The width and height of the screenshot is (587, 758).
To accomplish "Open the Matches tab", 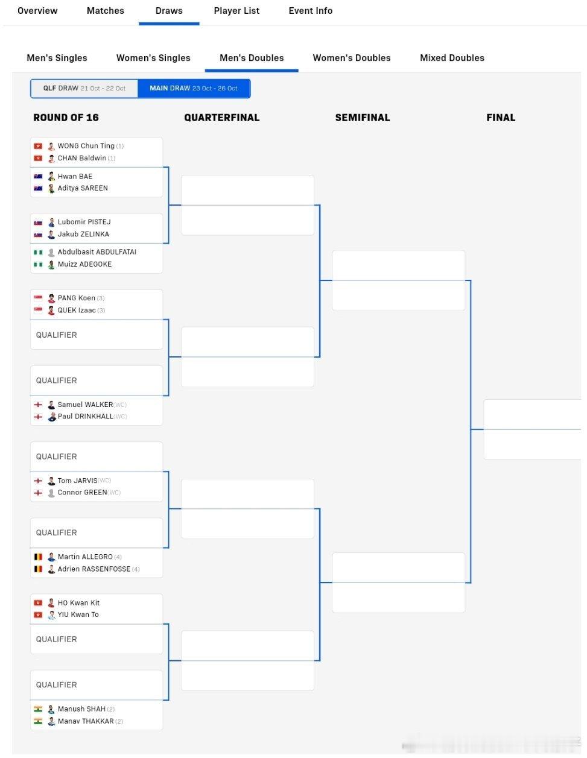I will pyautogui.click(x=105, y=11).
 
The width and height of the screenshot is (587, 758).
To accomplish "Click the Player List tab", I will pyautogui.click(x=236, y=11).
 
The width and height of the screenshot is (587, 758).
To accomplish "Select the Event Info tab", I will pyautogui.click(x=310, y=11).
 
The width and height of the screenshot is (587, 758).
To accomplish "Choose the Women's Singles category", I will pyautogui.click(x=153, y=58).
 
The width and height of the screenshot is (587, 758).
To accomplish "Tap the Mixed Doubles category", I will pyautogui.click(x=452, y=58).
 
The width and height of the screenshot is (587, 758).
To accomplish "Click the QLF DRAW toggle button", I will pyautogui.click(x=84, y=88).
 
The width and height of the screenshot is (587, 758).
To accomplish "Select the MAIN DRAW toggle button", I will pyautogui.click(x=194, y=88).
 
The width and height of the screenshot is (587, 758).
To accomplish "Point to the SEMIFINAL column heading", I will pyautogui.click(x=363, y=118).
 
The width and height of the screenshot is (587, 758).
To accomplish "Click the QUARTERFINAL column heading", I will pyautogui.click(x=222, y=118).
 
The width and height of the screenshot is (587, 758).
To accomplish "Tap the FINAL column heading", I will pyautogui.click(x=501, y=118).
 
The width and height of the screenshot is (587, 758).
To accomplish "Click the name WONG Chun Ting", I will pyautogui.click(x=86, y=146).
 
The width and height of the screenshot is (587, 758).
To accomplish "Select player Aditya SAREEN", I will pyautogui.click(x=83, y=188).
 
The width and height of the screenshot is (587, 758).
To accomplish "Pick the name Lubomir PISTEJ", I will pyautogui.click(x=84, y=222).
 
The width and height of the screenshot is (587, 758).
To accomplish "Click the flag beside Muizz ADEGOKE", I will pyautogui.click(x=38, y=264).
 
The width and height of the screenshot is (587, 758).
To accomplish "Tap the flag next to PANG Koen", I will pyautogui.click(x=38, y=298).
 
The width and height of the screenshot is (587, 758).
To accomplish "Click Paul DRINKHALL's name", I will pyautogui.click(x=85, y=417).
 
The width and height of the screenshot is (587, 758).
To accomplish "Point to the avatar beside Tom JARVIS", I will pyautogui.click(x=51, y=481).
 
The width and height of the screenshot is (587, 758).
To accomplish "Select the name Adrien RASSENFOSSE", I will pyautogui.click(x=94, y=569).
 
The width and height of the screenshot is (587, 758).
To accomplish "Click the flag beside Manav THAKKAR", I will pyautogui.click(x=38, y=721).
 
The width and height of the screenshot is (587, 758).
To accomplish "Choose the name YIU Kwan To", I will pyautogui.click(x=78, y=614).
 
